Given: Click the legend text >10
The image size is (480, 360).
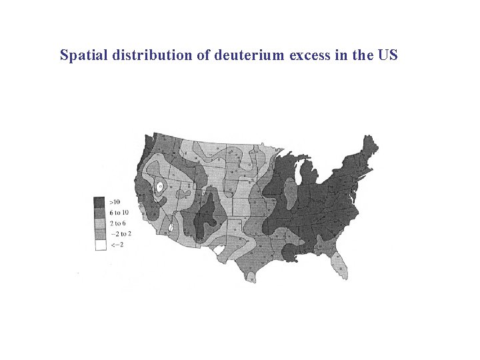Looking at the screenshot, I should point(115,201).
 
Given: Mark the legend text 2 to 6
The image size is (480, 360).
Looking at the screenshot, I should point(117,222).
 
